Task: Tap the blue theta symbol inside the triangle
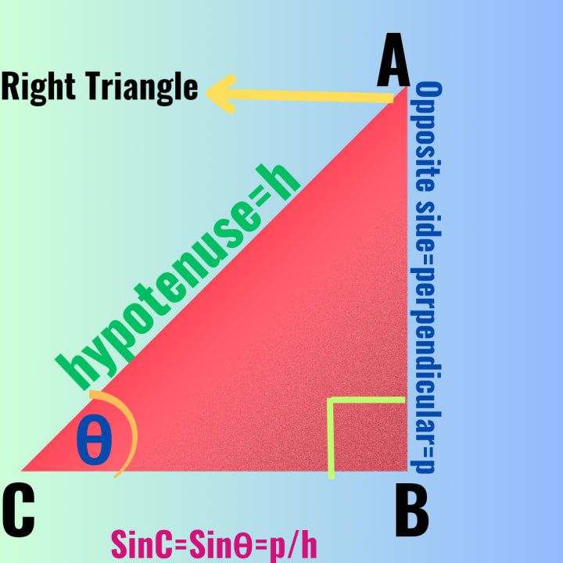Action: pyautogui.click(x=95, y=441)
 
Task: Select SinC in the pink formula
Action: pyautogui.click(x=139, y=544)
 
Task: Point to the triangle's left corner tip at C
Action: pyautogui.click(x=23, y=470)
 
